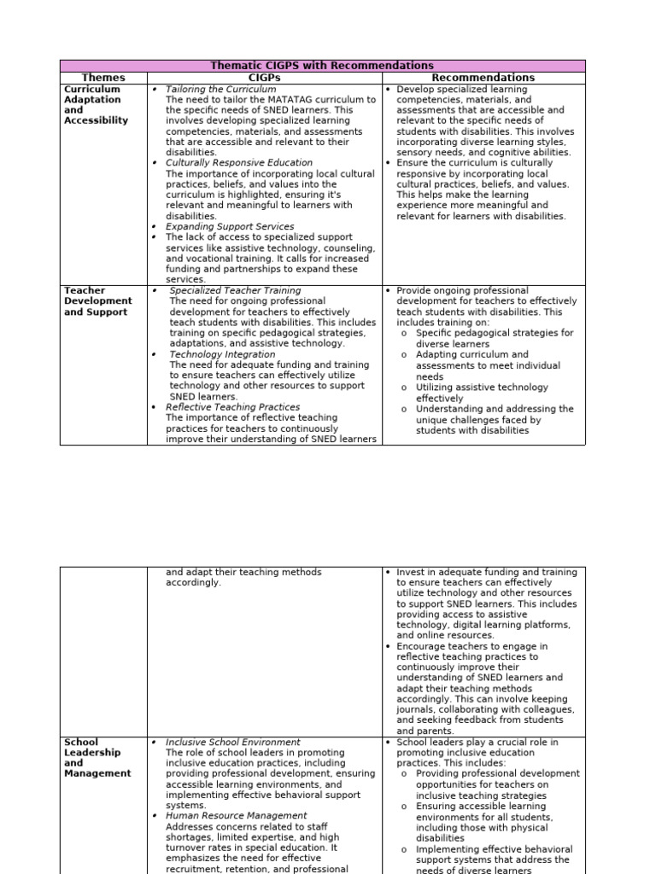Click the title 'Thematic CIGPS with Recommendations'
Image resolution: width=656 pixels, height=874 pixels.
point(322,66)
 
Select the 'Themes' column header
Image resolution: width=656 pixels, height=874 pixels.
point(102,78)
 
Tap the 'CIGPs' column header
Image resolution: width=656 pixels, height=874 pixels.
point(264,78)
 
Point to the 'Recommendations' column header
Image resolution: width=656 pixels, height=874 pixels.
point(483,78)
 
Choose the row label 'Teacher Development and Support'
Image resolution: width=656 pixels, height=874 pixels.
point(97,301)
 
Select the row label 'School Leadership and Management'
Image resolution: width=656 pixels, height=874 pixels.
point(97,758)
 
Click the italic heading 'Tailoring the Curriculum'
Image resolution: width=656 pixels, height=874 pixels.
point(220,89)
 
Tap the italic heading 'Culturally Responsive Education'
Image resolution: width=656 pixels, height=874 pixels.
point(239,162)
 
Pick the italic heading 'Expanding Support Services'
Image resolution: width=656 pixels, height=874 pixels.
point(229,227)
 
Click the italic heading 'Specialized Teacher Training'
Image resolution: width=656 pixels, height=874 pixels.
point(235,291)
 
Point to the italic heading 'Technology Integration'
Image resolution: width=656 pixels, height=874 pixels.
point(222,354)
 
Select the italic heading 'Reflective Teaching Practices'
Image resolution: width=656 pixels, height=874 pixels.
point(232,407)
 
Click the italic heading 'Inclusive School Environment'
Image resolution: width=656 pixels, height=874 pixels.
point(232,743)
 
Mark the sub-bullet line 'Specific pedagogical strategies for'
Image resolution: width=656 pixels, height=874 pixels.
point(495,333)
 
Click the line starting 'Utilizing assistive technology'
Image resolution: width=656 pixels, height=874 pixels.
point(483,387)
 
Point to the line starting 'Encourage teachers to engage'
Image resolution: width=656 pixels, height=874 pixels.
point(472,647)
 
